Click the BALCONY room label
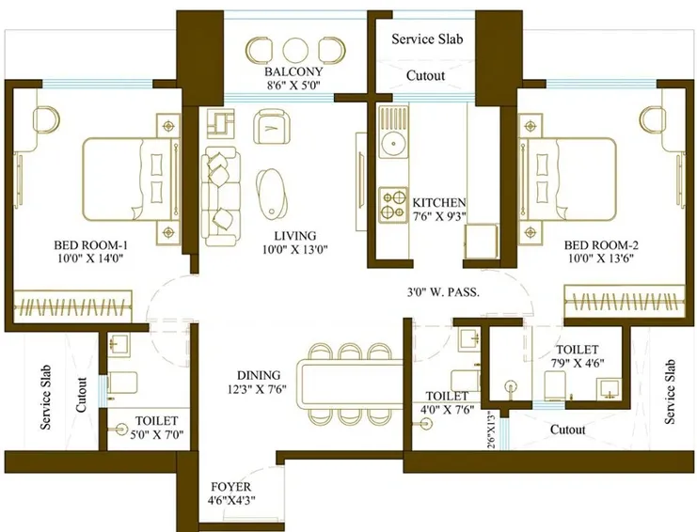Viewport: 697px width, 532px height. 293,72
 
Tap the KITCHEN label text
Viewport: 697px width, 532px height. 439,202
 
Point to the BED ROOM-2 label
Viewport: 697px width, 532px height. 598,245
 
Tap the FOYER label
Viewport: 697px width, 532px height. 231,487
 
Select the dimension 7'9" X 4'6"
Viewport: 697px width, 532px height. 578,362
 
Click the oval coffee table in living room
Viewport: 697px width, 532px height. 272,191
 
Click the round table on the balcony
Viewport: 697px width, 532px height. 294,49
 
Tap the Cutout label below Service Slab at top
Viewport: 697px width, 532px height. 425,75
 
